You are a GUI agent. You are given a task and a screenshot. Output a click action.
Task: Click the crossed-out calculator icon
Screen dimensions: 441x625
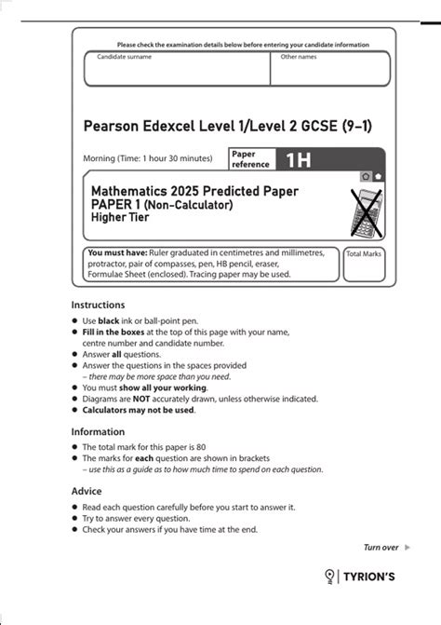click(363, 211)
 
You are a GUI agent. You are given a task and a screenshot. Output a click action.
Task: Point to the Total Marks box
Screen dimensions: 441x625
click(364, 265)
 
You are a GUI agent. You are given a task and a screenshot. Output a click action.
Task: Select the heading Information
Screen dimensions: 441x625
click(98, 431)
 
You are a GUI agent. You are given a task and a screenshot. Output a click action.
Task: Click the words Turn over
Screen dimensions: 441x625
click(380, 547)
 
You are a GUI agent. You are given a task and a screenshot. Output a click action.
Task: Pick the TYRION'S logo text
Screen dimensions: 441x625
click(369, 577)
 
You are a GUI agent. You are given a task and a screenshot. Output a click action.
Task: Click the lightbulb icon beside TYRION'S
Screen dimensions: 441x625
click(329, 577)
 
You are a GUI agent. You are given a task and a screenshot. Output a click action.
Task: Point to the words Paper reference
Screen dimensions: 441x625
click(250, 159)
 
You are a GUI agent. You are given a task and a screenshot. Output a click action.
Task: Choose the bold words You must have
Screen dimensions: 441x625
click(113, 252)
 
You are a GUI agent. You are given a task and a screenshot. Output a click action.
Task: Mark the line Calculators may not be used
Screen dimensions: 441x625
click(139, 410)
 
